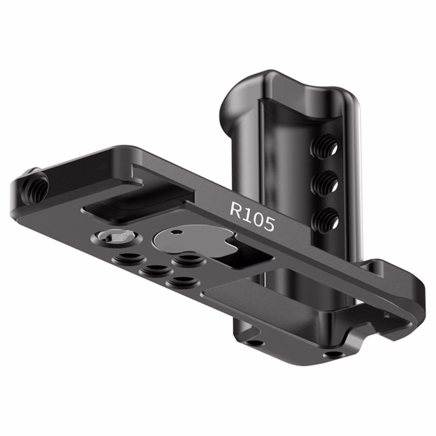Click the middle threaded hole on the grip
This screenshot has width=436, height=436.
pos(325,183)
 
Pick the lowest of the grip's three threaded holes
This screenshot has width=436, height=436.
pos(325,220)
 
